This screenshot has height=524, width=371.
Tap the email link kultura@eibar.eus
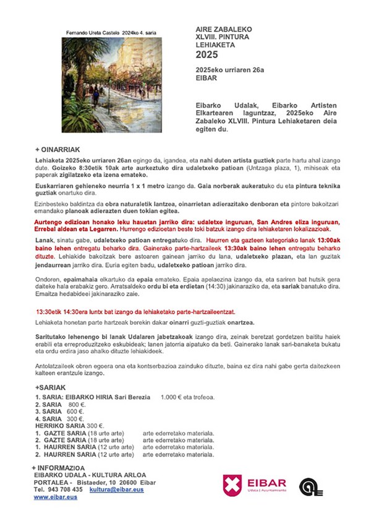[x=116, y=489]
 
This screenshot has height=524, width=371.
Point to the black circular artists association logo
[x=310, y=487]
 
